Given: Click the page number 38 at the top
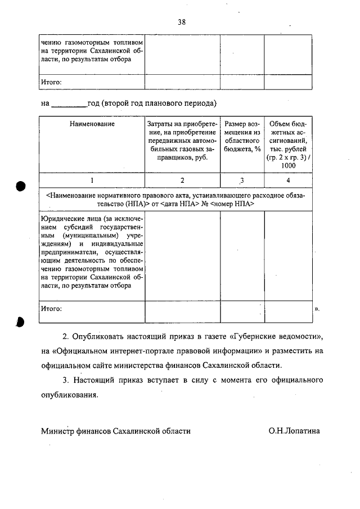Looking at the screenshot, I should (x=182, y=22).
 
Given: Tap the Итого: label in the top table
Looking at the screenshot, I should (x=51, y=82).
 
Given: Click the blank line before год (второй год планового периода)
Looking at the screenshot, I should (x=69, y=104).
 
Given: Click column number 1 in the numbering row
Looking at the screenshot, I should (x=92, y=181).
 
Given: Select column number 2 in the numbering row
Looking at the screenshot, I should (x=182, y=181).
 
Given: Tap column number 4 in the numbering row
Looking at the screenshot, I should (x=288, y=181).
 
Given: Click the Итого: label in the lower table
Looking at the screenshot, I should (x=51, y=309).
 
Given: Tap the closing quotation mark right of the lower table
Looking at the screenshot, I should (x=318, y=309).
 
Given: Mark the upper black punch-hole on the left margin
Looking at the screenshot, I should (x=21, y=186).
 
